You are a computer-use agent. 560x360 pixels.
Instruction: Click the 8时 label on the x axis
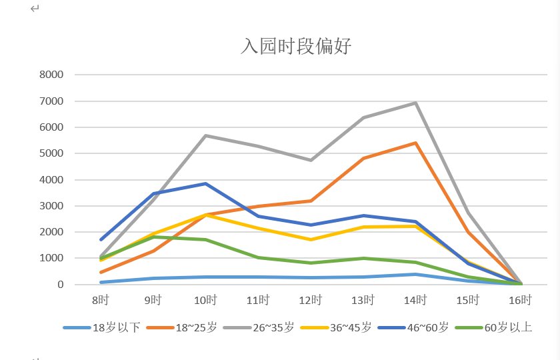pyautogui.click(x=100, y=300)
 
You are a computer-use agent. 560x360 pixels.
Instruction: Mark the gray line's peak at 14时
pyautogui.click(x=415, y=103)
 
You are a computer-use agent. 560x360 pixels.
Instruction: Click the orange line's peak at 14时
pyautogui.click(x=415, y=143)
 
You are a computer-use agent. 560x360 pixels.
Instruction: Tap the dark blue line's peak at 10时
pyautogui.click(x=205, y=183)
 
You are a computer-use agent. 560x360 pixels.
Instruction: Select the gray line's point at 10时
pyautogui.click(x=205, y=135)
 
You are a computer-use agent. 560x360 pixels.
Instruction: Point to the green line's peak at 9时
pyautogui.click(x=153, y=237)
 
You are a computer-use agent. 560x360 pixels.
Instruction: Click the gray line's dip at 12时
pyautogui.click(x=310, y=160)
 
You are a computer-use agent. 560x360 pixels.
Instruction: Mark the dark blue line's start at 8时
pyautogui.click(x=101, y=239)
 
